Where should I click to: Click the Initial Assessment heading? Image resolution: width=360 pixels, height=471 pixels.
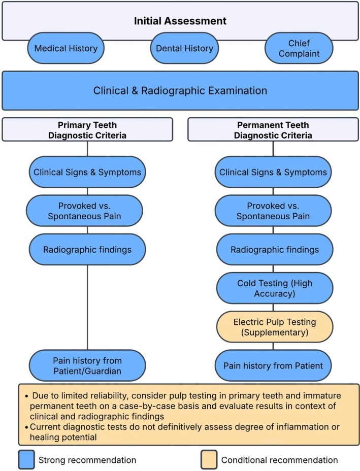[x=180, y=21]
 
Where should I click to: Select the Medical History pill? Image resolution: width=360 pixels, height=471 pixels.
[x=66, y=48]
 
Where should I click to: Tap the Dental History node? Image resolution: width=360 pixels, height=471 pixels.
[x=184, y=48]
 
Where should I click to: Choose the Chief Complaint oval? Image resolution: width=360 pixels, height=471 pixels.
[x=299, y=48]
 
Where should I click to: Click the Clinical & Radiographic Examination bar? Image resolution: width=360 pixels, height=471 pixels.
[x=180, y=91]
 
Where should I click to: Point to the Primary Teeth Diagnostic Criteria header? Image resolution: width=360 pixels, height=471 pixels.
[x=87, y=129]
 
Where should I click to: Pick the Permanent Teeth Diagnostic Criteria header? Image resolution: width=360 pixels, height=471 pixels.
[x=273, y=129]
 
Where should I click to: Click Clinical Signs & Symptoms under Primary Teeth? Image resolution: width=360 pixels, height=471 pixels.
[x=87, y=172]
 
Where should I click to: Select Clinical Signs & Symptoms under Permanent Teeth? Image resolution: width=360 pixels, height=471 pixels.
[x=273, y=172]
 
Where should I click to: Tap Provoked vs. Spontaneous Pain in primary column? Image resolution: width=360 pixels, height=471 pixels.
[x=84, y=211]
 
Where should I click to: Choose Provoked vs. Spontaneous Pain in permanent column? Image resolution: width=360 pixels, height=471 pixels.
[x=273, y=211]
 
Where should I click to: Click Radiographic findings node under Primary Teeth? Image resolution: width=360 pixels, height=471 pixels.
[x=87, y=250]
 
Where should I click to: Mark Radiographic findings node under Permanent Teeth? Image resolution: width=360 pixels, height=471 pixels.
[x=275, y=250]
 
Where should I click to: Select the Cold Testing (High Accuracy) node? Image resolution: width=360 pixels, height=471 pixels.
[x=275, y=288]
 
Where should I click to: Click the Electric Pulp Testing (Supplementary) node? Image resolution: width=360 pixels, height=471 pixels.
[x=275, y=327]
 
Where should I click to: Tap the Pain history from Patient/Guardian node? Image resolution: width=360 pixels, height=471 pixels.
[x=87, y=365]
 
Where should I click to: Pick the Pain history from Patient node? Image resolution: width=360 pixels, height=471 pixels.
[x=273, y=365]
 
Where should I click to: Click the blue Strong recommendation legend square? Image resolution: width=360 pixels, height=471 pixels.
[x=26, y=460]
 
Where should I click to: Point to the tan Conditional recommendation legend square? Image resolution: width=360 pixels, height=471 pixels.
[x=209, y=460]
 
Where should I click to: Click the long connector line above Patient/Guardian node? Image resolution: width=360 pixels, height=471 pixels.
[x=87, y=307]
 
